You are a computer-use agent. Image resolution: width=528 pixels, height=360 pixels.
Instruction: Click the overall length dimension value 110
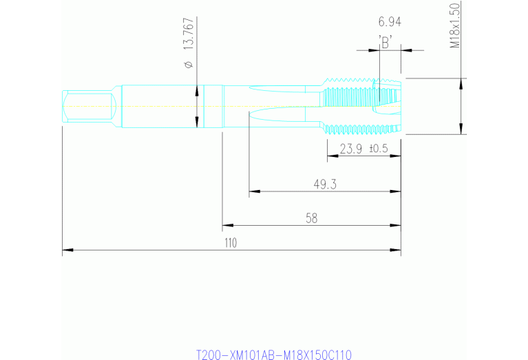(x=230, y=243)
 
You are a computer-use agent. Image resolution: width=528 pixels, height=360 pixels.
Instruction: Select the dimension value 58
(x=311, y=218)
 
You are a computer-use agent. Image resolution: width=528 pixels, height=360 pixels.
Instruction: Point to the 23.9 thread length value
(x=350, y=149)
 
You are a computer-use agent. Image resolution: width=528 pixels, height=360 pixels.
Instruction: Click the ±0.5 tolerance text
(x=379, y=149)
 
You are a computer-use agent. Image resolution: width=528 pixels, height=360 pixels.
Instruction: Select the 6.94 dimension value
(x=390, y=22)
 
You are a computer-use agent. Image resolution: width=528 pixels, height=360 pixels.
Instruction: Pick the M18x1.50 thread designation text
(x=454, y=25)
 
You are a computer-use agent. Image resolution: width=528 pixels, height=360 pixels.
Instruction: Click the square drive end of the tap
(x=88, y=106)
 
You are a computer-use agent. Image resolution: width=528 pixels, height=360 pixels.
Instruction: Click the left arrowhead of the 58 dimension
(x=226, y=225)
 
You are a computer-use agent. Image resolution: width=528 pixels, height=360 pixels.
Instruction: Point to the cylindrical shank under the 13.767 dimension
(x=165, y=106)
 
